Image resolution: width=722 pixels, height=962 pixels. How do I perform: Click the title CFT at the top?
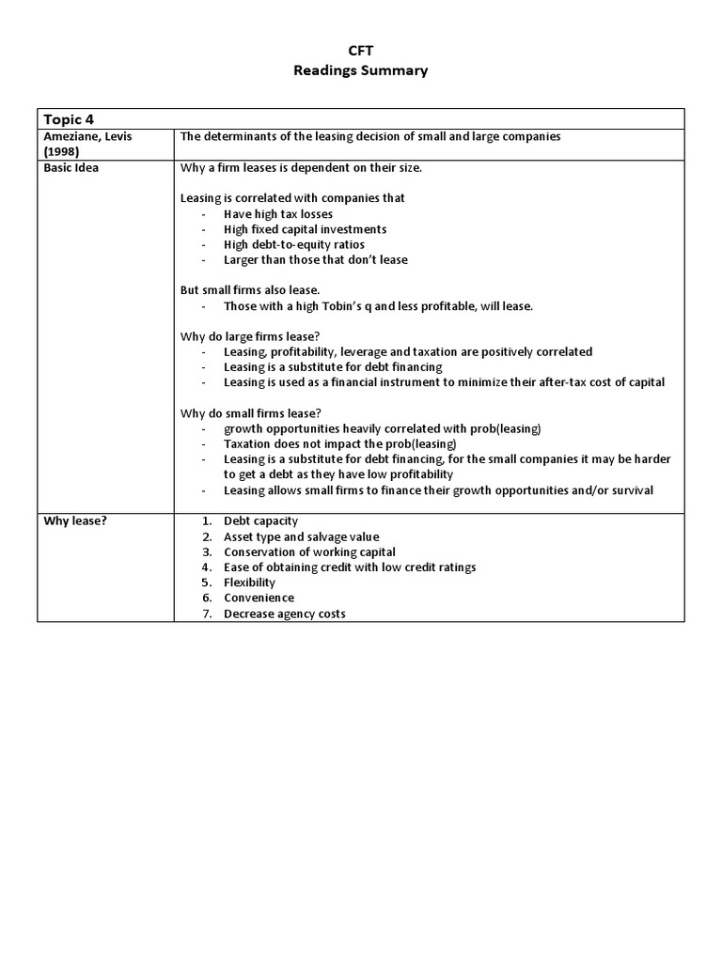point(361,53)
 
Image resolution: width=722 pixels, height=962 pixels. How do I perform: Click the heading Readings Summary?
point(361,70)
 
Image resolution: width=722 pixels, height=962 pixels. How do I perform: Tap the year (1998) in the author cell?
point(63,151)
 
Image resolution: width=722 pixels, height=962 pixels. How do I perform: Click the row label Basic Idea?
point(72,167)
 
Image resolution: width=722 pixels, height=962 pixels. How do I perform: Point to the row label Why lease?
point(76,521)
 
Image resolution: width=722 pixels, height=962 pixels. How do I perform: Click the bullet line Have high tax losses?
point(277,214)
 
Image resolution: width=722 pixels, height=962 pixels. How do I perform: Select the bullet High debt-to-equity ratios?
point(294,244)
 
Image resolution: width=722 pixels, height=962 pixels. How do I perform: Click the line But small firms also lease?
point(250,290)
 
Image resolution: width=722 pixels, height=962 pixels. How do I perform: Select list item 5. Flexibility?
point(249,582)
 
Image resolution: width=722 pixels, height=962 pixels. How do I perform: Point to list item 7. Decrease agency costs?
point(284,613)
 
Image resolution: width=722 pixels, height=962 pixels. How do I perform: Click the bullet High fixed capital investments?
point(305,229)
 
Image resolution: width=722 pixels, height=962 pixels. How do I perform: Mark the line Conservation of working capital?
point(309,551)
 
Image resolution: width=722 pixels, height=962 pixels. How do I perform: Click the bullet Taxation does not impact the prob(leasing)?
point(339,443)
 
